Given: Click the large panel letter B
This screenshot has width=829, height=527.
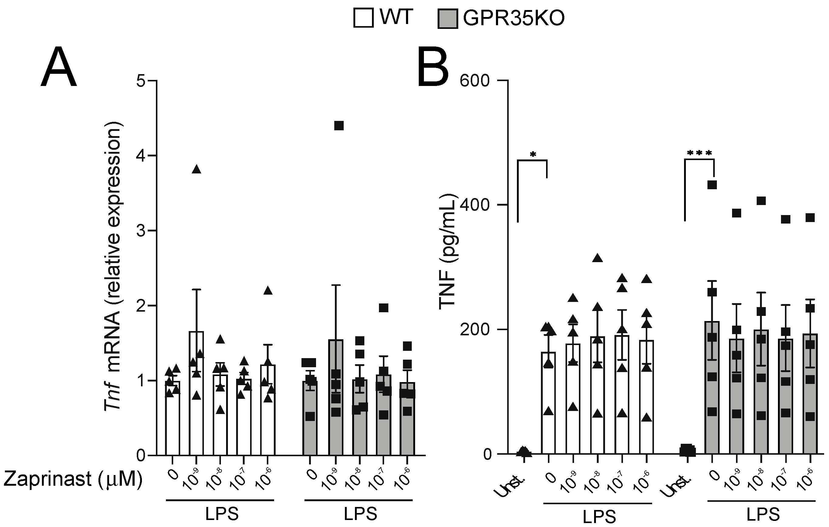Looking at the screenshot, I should tap(433, 67).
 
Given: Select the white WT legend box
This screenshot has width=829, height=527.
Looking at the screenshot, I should tap(363, 18).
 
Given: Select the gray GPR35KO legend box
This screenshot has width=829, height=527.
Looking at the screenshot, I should tap(448, 19).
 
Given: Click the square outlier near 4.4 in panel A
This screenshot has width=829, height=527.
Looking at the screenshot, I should tap(339, 126).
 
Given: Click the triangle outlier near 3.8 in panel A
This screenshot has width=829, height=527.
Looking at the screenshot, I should tap(196, 169).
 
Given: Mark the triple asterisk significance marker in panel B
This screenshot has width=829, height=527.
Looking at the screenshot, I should tap(699, 153).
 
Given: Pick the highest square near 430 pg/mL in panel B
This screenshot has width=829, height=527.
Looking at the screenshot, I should tap(712, 185).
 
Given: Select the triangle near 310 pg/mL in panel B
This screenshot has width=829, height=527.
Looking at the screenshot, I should tap(597, 258).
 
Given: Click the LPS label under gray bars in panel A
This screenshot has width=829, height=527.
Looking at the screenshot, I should tap(360, 514).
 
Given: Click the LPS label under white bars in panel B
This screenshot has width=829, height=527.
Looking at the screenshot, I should tap(599, 517).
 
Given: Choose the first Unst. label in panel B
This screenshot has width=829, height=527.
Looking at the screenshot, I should tap(512, 485).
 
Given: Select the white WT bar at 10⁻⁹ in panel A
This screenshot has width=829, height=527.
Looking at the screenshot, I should tap(196, 392).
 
